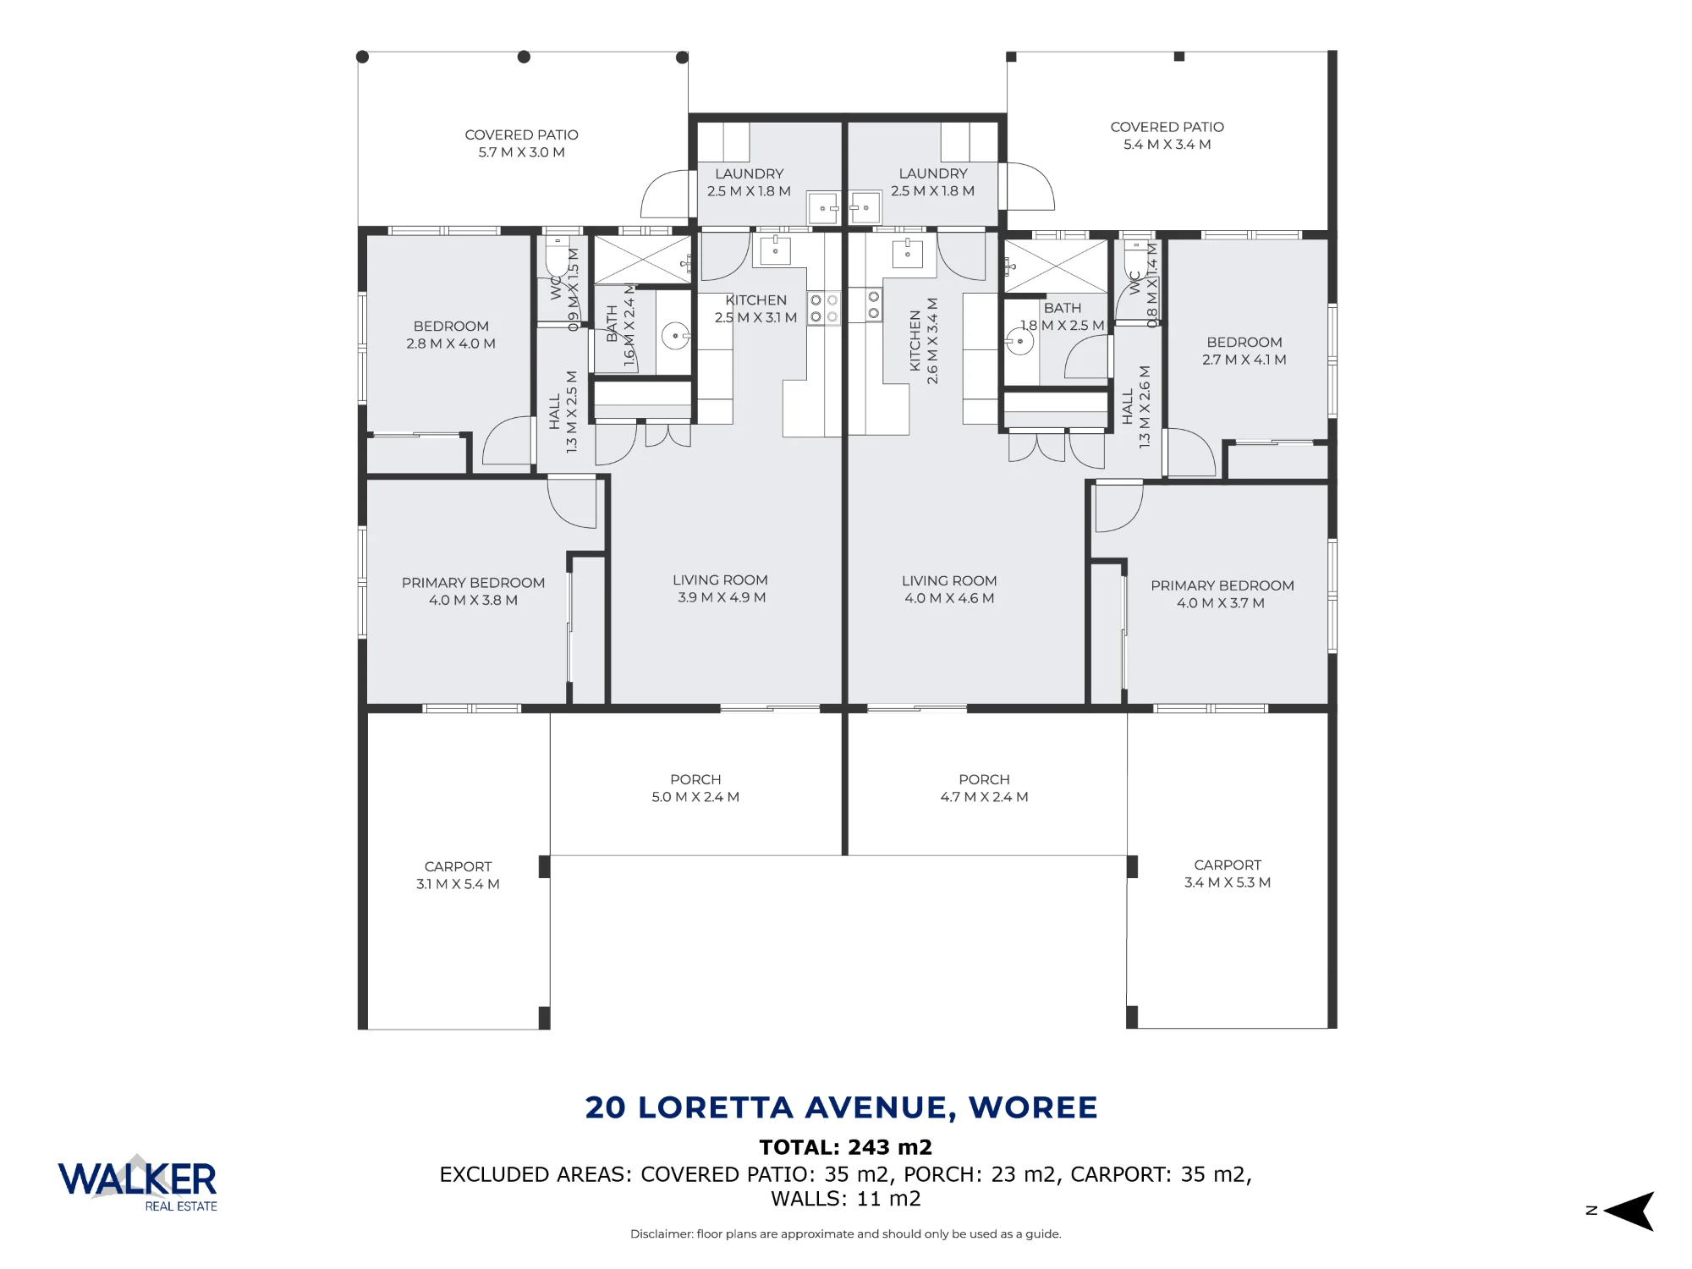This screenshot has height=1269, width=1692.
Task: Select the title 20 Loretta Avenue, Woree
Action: point(842,1107)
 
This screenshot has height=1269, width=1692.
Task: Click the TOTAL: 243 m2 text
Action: point(846,1147)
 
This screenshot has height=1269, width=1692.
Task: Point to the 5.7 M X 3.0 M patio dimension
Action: point(522,152)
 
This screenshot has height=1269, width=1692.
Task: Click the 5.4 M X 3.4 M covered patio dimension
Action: point(1167,145)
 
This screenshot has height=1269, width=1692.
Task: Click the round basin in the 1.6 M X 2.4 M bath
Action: point(675,336)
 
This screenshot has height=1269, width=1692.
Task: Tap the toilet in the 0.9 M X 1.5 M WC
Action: point(557,255)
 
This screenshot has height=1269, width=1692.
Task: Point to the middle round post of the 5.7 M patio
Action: point(524,57)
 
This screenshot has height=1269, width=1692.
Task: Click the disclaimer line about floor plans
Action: point(846,1234)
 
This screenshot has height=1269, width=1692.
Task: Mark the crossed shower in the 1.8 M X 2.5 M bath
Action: point(1056,266)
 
